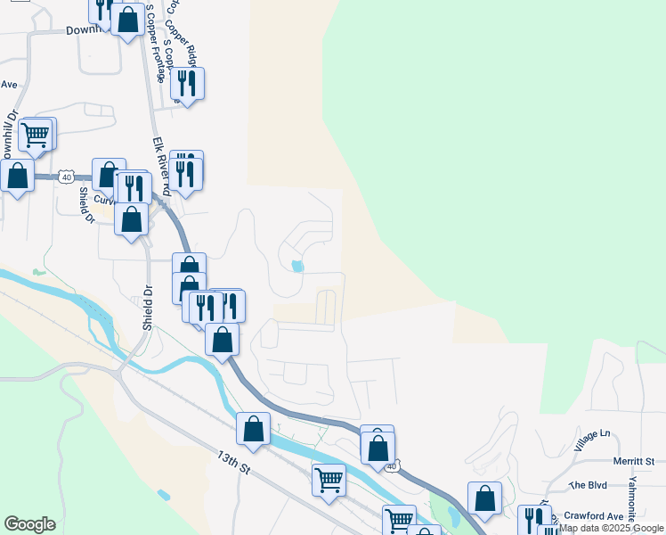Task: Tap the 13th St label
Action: click(x=233, y=466)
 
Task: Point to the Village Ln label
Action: click(x=592, y=439)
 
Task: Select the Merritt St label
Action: click(x=634, y=461)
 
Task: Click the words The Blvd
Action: click(x=587, y=485)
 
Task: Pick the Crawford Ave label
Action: click(x=596, y=516)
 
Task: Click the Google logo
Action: click(x=29, y=524)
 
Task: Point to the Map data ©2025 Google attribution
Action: click(x=612, y=529)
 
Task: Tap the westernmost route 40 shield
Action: click(x=67, y=177)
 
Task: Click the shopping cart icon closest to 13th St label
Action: click(x=329, y=479)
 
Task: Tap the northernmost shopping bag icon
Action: click(x=128, y=19)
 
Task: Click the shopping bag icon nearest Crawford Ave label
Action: click(x=484, y=498)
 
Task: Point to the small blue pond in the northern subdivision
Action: click(x=296, y=266)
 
